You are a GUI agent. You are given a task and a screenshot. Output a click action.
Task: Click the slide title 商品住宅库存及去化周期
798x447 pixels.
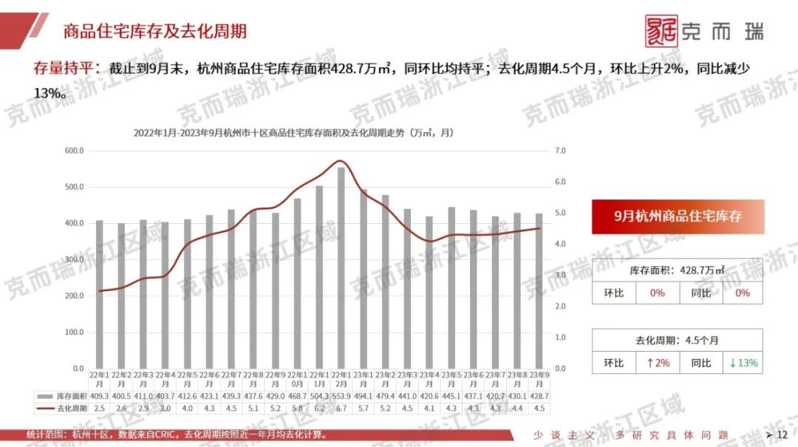point(154,31)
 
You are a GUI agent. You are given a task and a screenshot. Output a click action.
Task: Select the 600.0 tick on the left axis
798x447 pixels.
point(75,151)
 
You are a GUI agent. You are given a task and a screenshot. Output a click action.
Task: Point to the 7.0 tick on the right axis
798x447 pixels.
point(560,151)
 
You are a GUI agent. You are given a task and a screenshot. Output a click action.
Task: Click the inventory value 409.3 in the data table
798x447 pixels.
point(100,397)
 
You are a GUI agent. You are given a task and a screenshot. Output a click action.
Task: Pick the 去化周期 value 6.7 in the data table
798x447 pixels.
point(341,408)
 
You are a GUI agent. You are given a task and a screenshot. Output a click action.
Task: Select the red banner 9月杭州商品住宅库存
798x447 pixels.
point(678,216)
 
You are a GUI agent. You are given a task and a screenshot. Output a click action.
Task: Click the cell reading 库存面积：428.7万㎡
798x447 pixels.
point(678,270)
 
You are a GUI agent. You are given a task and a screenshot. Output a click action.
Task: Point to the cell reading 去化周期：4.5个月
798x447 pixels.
point(678,340)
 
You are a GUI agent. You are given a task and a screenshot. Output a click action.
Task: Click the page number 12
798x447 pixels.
point(782,434)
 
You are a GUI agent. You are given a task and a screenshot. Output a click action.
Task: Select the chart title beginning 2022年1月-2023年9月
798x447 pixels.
point(293,133)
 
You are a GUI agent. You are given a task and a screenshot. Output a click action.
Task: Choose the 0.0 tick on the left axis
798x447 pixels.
point(77,368)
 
